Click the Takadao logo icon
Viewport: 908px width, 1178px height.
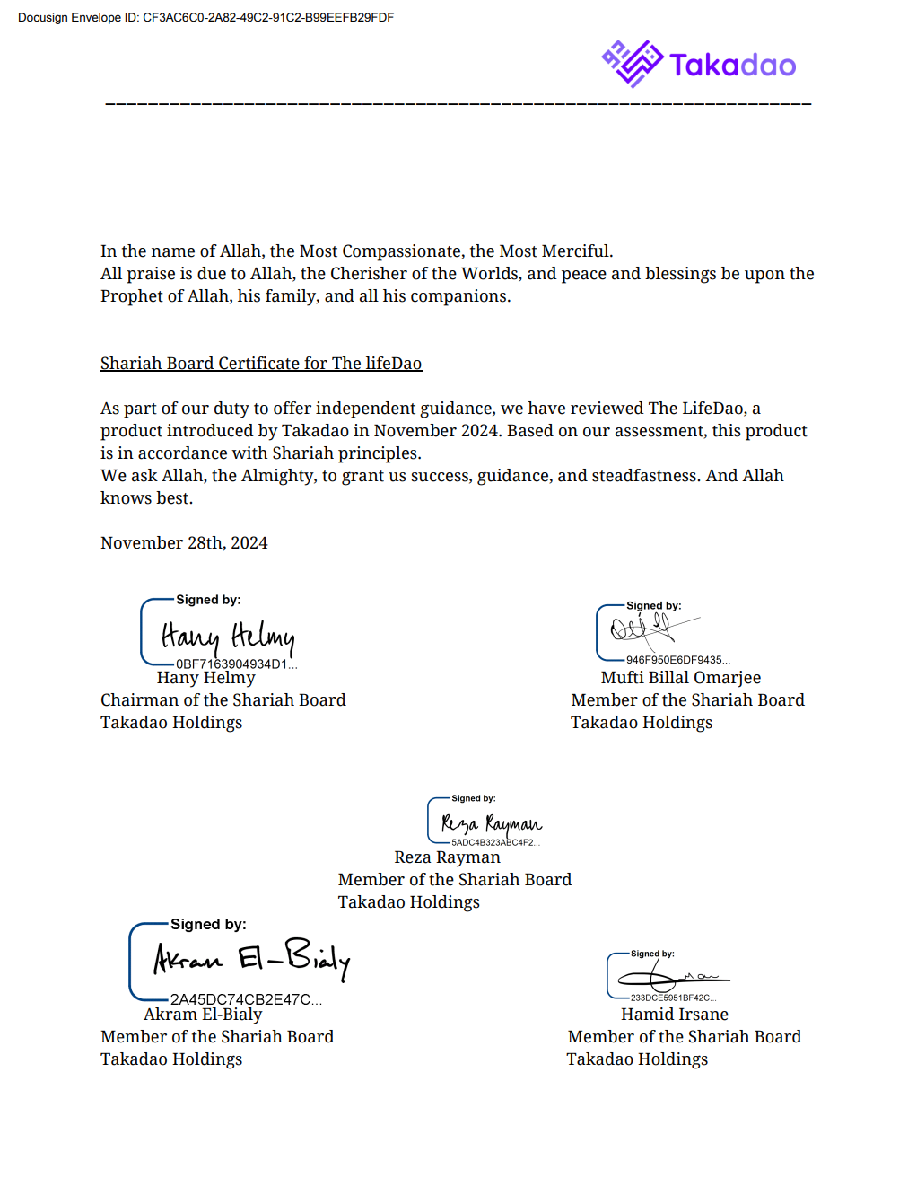[x=632, y=63]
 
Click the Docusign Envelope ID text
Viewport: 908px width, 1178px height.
[x=205, y=17]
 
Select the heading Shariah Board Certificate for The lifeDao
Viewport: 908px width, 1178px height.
[x=261, y=364]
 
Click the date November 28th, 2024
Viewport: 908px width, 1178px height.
[x=184, y=543]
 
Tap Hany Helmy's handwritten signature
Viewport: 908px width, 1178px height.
[x=228, y=637]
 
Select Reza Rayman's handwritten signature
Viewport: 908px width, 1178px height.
[x=491, y=822]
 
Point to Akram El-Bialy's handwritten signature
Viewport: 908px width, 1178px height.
[x=251, y=957]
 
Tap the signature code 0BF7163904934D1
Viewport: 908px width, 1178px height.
[x=236, y=664]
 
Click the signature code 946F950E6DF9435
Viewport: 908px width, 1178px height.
[x=677, y=660]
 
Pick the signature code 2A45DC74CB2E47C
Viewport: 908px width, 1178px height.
[x=245, y=999]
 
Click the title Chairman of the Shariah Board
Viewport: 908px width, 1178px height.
[x=223, y=700]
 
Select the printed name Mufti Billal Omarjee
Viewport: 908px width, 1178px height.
[x=680, y=678]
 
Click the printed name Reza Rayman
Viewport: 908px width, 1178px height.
[x=447, y=857]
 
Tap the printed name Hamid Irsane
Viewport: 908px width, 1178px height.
[x=674, y=1015]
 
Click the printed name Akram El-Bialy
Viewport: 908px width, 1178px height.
[x=203, y=1015]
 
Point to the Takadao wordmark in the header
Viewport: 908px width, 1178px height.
[x=732, y=65]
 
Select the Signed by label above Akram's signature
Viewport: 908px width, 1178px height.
[x=208, y=925]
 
